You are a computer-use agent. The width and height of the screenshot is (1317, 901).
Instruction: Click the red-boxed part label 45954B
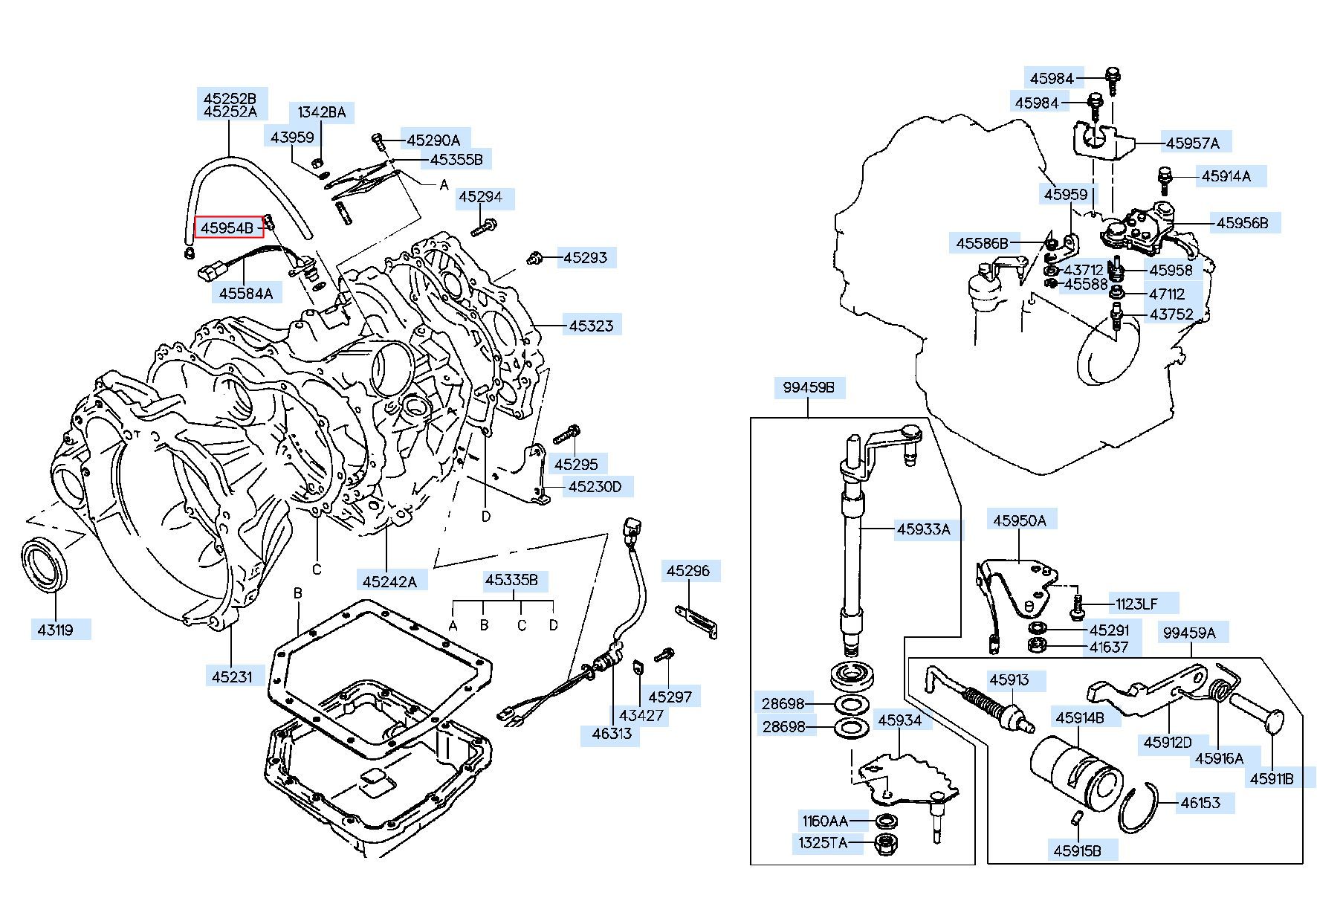click(x=229, y=227)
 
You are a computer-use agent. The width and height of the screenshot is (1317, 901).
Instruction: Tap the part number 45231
click(x=232, y=676)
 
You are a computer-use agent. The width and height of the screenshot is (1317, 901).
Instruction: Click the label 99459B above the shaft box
click(x=809, y=387)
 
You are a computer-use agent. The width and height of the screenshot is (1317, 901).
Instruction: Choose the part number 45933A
click(x=923, y=529)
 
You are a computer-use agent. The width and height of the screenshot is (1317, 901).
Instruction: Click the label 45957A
click(x=1192, y=143)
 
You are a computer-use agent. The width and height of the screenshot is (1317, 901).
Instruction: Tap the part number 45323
click(x=591, y=325)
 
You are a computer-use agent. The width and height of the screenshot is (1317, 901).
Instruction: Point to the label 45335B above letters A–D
click(x=511, y=580)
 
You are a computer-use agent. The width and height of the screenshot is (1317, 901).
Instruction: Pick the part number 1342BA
click(x=321, y=112)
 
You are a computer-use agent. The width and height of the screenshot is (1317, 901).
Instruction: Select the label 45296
click(x=687, y=571)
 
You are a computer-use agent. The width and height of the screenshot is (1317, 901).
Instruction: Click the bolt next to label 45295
click(x=567, y=433)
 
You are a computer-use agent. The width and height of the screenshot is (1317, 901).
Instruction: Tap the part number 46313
click(x=611, y=734)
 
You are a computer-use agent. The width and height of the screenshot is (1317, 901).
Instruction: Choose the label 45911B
click(x=1272, y=778)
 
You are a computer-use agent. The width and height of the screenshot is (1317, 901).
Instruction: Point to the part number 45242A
click(x=389, y=581)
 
